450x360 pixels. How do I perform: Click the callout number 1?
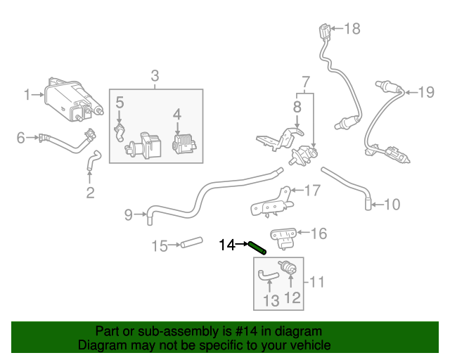(x=27, y=94)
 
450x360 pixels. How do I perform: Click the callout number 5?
(x=120, y=103)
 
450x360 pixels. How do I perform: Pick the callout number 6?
(x=20, y=137)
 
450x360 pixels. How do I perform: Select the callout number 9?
(x=128, y=214)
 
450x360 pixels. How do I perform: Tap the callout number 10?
(x=392, y=205)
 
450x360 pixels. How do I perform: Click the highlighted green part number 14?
(x=257, y=247)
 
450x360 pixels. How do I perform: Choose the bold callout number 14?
(x=227, y=245)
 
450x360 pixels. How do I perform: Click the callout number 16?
(x=319, y=233)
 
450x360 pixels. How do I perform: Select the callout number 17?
(x=312, y=190)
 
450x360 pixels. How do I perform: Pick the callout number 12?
(x=292, y=297)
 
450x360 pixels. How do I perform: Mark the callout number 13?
(x=271, y=301)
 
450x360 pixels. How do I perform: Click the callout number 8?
(x=297, y=107)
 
